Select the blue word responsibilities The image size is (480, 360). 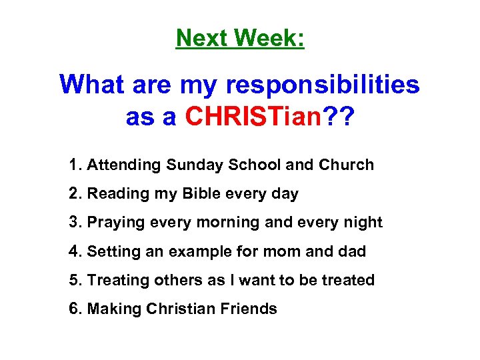(x=323, y=85)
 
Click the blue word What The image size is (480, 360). (x=92, y=85)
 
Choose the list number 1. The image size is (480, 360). (x=73, y=165)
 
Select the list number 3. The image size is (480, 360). (x=73, y=222)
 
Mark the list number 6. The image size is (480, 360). (x=73, y=309)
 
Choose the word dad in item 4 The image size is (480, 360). (x=353, y=251)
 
